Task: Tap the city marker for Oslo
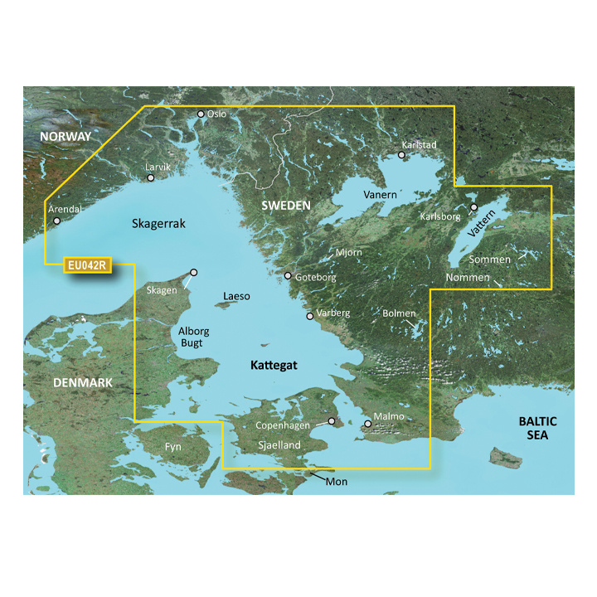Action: pyautogui.click(x=201, y=114)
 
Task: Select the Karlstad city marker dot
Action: pyautogui.click(x=401, y=154)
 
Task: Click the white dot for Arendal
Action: pyautogui.click(x=56, y=221)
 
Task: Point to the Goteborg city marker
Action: pyautogui.click(x=288, y=276)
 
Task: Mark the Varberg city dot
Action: pyautogui.click(x=309, y=316)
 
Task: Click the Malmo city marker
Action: pyautogui.click(x=368, y=425)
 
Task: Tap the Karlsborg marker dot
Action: pyautogui.click(x=473, y=207)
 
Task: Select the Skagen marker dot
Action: pyautogui.click(x=194, y=272)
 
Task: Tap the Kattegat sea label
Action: pyautogui.click(x=274, y=365)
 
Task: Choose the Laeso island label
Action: pyautogui.click(x=236, y=296)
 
